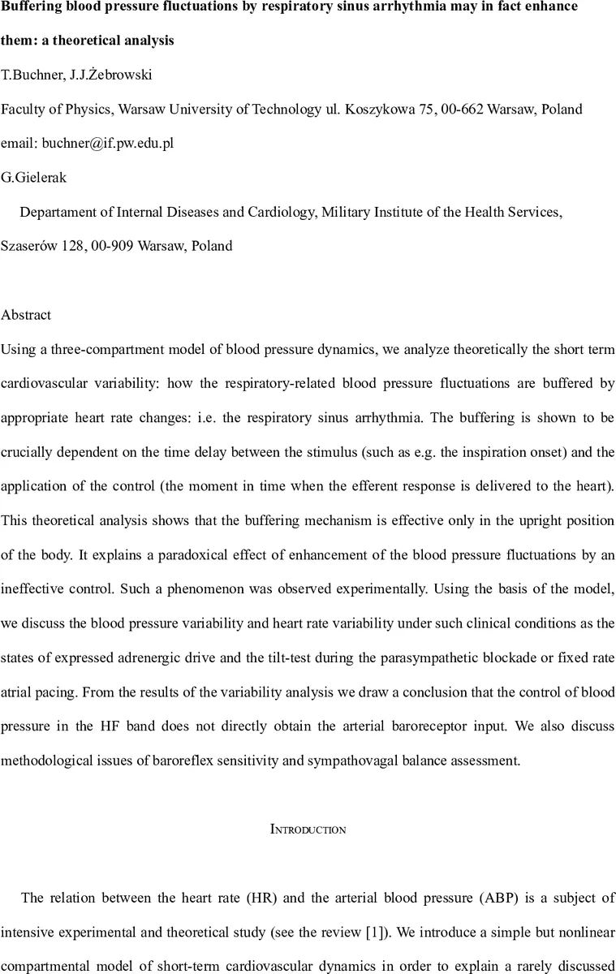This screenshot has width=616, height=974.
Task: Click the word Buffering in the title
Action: coord(33,6)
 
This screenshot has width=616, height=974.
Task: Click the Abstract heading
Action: coord(26,314)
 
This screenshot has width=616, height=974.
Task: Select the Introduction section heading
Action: coord(308,830)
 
